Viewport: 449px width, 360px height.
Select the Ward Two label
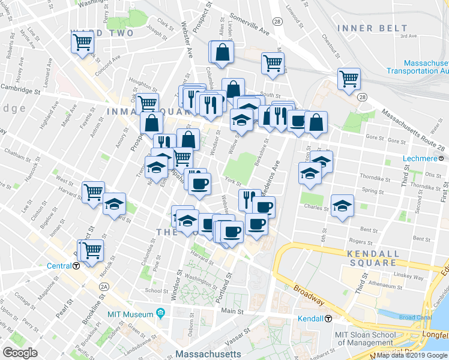[x=101, y=33]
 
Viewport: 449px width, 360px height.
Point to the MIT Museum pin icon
[x=160, y=313]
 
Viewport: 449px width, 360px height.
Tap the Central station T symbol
[x=77, y=265]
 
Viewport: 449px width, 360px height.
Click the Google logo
[x=20, y=353]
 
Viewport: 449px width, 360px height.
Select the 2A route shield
[x=104, y=287]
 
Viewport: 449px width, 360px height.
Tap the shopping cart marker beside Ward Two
[x=82, y=43]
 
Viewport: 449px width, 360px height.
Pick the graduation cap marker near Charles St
[x=342, y=206]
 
